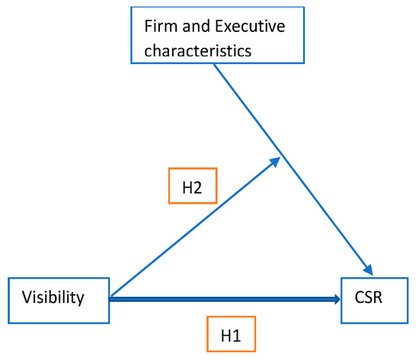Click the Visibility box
click(58, 298)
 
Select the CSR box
click(377, 298)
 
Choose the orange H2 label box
click(191, 186)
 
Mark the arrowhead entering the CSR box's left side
click(336, 300)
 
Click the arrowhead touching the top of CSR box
click(369, 270)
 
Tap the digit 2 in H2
click(198, 186)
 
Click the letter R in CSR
click(387, 298)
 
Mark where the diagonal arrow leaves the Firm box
click(215, 66)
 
